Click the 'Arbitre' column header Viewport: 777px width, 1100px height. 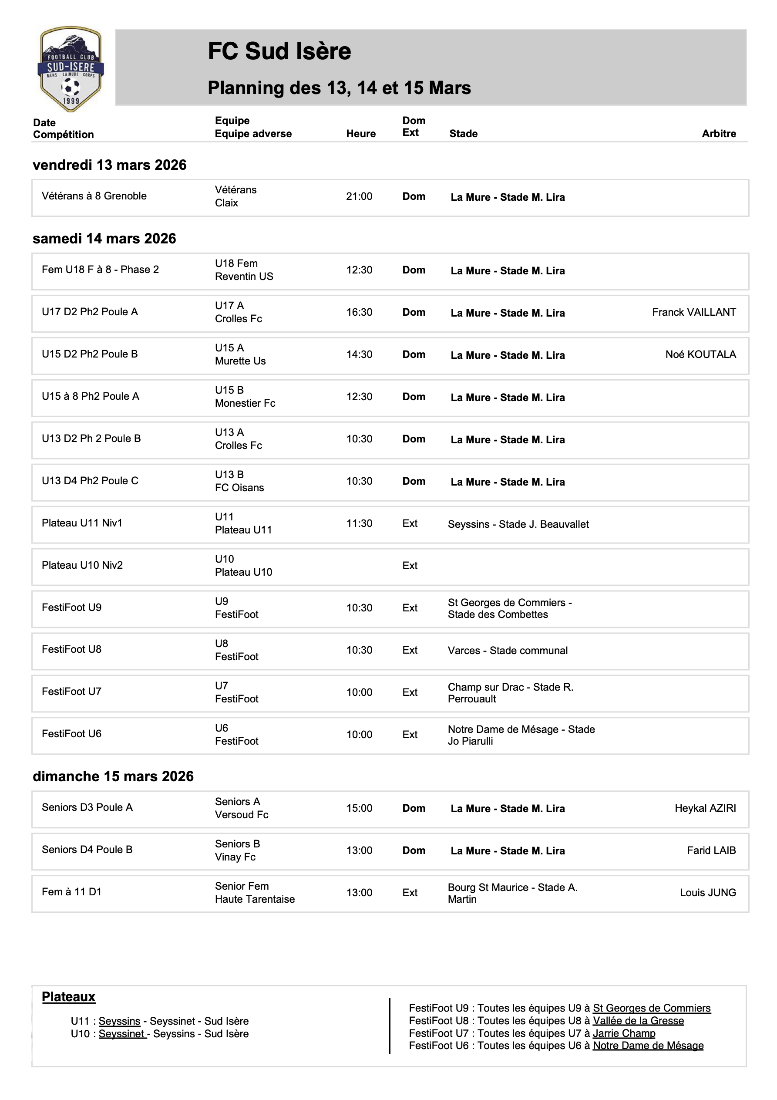pyautogui.click(x=719, y=134)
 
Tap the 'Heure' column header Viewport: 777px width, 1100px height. pyautogui.click(x=361, y=134)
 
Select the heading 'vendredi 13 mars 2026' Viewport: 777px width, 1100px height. pyautogui.click(x=109, y=165)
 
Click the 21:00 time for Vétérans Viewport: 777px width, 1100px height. pyautogui.click(x=359, y=196)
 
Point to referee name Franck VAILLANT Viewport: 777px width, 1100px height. pyautogui.click(x=694, y=312)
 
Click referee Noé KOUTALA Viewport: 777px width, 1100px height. pyautogui.click(x=700, y=354)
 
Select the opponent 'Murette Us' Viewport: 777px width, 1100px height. pyautogui.click(x=240, y=361)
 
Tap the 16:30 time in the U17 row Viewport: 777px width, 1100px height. pyautogui.click(x=359, y=312)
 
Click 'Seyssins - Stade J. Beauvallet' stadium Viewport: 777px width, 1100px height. pyautogui.click(x=518, y=524)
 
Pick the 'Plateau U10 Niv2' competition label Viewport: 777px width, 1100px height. pyautogui.click(x=82, y=565)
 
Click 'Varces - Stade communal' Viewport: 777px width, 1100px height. pyautogui.click(x=508, y=651)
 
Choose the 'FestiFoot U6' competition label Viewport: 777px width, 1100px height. pyautogui.click(x=71, y=734)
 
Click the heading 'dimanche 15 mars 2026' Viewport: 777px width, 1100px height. pyautogui.click(x=113, y=776)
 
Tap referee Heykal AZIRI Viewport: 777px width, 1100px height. pyautogui.click(x=705, y=808)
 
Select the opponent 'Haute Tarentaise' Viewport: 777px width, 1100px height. pyautogui.click(x=254, y=899)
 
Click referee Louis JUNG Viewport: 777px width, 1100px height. pyautogui.click(x=707, y=893)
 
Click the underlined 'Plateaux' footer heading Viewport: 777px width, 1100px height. pyautogui.click(x=68, y=997)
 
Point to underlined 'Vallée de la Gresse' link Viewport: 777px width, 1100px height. pyautogui.click(x=638, y=1021)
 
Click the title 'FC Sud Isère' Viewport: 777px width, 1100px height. pyautogui.click(x=279, y=51)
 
